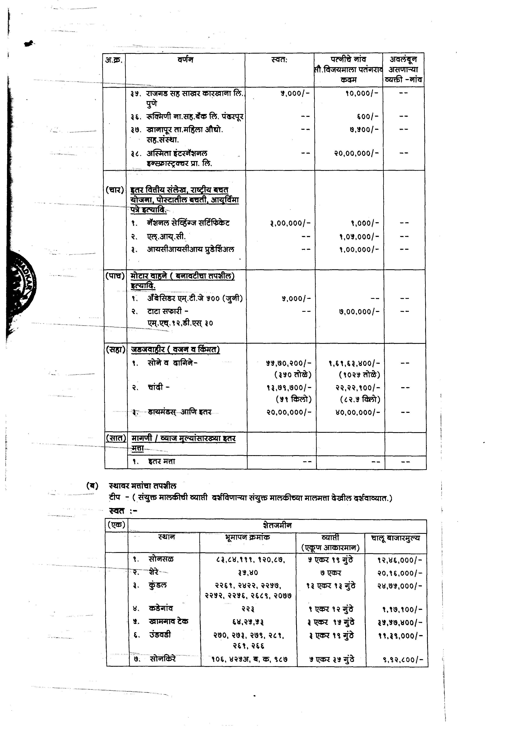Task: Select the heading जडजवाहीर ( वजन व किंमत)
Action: pyautogui.click(x=175, y=350)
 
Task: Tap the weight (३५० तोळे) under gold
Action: pyautogui.click(x=293, y=374)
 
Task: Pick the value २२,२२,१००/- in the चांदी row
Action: pyautogui.click(x=358, y=387)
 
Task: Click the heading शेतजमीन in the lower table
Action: pyautogui.click(x=277, y=525)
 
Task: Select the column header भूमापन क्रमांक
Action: pyautogui.click(x=247, y=537)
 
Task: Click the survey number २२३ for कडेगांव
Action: pyautogui.click(x=248, y=609)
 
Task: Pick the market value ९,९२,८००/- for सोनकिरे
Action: pyautogui.click(x=402, y=660)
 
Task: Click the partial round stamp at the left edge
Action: pyautogui.click(x=21, y=284)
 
